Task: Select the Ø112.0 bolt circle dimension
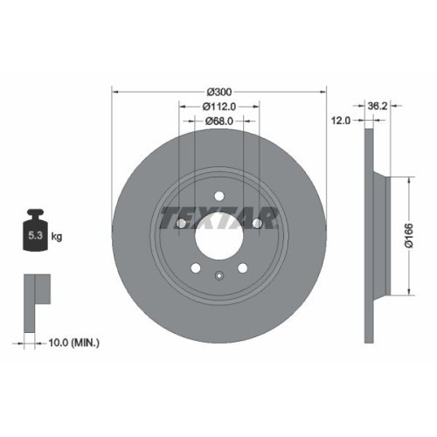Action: click(x=219, y=107)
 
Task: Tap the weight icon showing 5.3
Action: click(x=35, y=231)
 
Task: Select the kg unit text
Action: click(x=57, y=237)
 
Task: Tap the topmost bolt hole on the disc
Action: click(x=218, y=194)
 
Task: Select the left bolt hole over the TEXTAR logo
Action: click(x=181, y=224)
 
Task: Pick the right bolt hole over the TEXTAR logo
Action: click(x=257, y=224)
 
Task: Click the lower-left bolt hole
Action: click(x=196, y=267)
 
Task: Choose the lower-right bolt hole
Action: click(x=242, y=267)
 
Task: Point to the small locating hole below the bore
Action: click(x=218, y=276)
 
